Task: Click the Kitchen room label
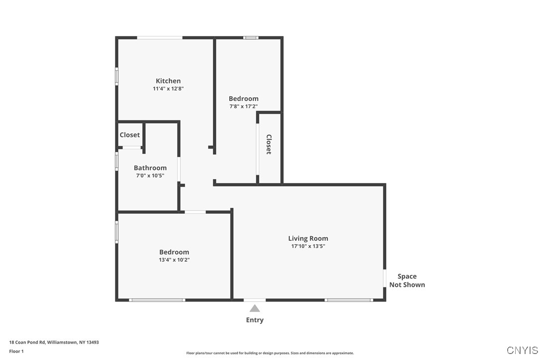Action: [168, 81]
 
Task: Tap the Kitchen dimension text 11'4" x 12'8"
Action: [168, 89]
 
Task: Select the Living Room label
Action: [308, 238]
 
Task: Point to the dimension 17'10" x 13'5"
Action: [308, 246]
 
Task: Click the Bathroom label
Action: [150, 168]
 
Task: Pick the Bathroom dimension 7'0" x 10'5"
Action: [150, 176]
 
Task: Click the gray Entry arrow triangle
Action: [255, 308]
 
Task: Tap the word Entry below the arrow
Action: [255, 320]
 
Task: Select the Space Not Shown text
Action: [407, 280]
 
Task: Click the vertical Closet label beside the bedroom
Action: [269, 144]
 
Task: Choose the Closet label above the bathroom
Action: [130, 135]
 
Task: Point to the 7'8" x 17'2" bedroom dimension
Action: [243, 106]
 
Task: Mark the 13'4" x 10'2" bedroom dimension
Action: [174, 260]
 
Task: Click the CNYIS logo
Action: [522, 350]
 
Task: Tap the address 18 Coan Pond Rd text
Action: [54, 342]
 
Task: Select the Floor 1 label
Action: [16, 351]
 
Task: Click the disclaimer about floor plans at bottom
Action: [270, 353]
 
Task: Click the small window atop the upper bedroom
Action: [251, 37]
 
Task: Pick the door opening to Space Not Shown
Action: [384, 278]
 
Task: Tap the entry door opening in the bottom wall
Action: [255, 300]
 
